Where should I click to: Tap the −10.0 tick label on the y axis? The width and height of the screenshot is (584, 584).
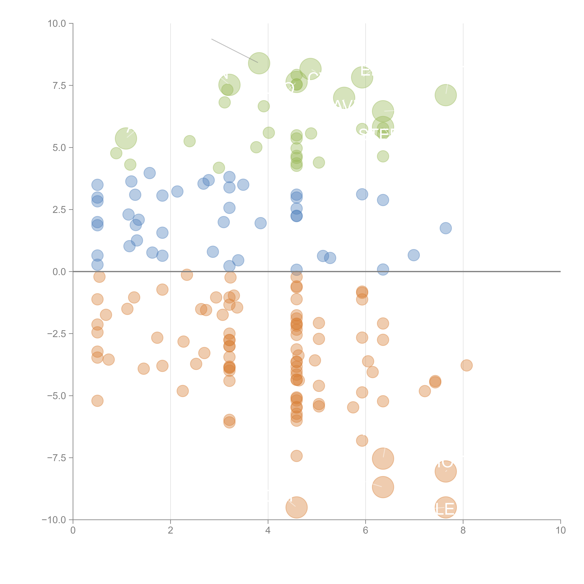[x=54, y=520]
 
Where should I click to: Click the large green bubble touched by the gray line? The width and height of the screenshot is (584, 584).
[x=259, y=63]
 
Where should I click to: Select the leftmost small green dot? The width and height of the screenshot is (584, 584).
[x=116, y=153]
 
